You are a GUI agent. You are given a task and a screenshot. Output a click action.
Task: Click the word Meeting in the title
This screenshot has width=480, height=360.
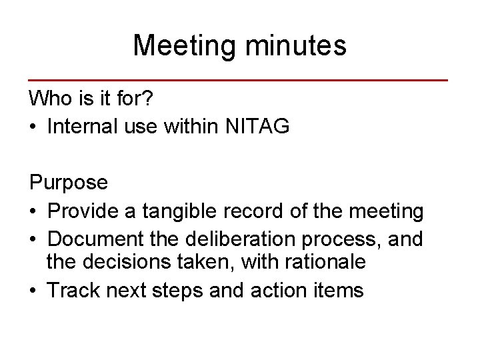click(x=185, y=46)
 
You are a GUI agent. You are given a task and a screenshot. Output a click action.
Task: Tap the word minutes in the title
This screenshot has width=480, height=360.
click(x=296, y=46)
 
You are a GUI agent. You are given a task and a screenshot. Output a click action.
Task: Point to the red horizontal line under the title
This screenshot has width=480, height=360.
click(x=238, y=80)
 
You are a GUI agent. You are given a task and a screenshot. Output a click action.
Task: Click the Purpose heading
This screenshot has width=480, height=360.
click(x=68, y=182)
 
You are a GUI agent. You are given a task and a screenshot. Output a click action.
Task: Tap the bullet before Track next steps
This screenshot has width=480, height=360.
click(x=33, y=291)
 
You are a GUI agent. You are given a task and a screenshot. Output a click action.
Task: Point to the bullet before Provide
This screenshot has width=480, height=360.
click(x=33, y=211)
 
